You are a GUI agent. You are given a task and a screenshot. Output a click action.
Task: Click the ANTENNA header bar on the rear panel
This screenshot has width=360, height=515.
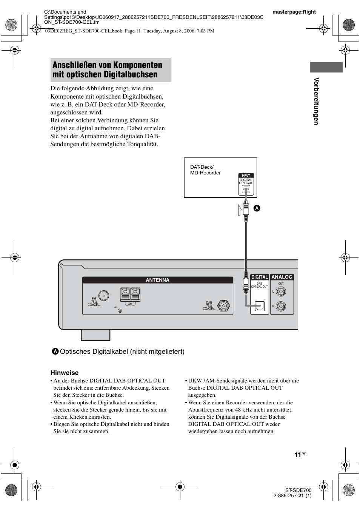(x=158, y=280)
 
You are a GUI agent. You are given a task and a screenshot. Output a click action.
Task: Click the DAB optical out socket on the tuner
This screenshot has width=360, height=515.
(x=259, y=305)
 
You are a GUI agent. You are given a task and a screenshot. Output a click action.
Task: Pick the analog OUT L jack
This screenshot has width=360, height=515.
(x=281, y=292)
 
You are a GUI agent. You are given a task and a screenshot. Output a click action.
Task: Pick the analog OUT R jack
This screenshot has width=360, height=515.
(x=281, y=306)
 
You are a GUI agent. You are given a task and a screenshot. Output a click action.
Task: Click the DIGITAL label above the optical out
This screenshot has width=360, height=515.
(x=260, y=277)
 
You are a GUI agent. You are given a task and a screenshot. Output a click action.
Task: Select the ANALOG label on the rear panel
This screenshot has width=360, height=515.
(x=282, y=277)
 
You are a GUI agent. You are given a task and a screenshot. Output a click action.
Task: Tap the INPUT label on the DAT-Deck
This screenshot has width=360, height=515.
(x=246, y=176)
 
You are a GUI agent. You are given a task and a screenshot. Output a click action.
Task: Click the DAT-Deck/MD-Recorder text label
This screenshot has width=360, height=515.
(x=205, y=170)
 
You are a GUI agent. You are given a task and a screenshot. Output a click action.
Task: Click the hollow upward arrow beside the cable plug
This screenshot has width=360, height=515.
(x=240, y=210)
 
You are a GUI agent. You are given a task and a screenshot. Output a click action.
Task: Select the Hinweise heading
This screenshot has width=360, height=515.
(x=65, y=373)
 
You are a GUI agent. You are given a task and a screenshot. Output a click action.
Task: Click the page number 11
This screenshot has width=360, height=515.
(x=298, y=455)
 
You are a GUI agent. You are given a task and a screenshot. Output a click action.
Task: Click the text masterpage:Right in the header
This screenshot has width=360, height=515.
(x=294, y=12)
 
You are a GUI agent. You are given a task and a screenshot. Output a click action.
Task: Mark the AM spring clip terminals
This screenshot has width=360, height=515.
(x=130, y=294)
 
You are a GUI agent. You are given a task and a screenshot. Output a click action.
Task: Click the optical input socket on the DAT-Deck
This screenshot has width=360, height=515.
(x=246, y=190)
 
